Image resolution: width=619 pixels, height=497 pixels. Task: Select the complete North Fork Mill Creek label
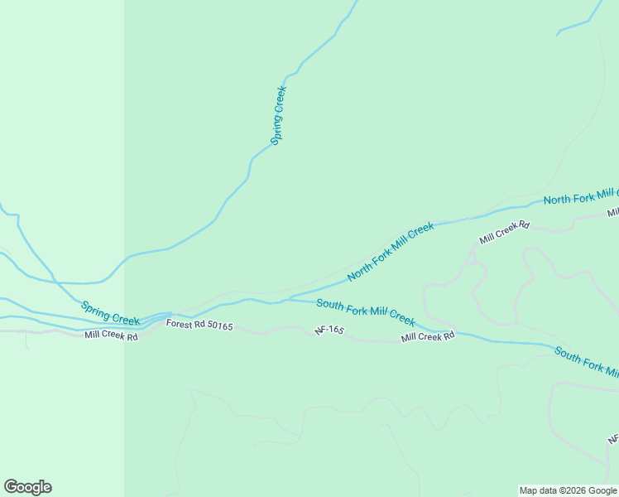click(x=391, y=251)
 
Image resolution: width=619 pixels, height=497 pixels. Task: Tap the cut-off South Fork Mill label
click(x=586, y=359)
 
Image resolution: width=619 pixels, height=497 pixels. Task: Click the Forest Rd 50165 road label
click(x=199, y=326)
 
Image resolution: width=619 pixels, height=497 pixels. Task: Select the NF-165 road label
click(x=329, y=331)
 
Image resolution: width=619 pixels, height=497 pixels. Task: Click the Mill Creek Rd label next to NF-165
click(x=428, y=337)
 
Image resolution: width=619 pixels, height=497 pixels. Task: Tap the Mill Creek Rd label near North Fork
click(x=503, y=232)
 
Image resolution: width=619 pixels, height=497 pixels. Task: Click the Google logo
click(x=27, y=487)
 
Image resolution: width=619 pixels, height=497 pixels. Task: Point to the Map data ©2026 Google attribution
click(x=568, y=490)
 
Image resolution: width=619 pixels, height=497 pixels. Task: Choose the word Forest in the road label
click(x=178, y=324)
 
